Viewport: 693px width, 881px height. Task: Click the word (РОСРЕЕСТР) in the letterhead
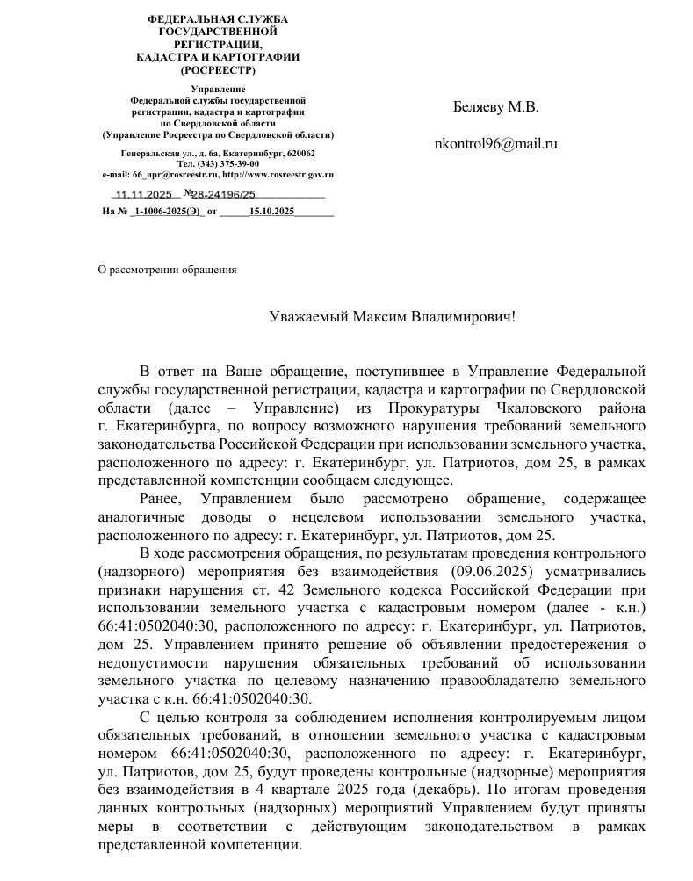pos(217,69)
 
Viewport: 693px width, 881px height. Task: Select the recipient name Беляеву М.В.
pos(495,107)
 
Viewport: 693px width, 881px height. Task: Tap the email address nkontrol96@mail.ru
pos(496,144)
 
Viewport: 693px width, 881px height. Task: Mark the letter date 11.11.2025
pos(144,195)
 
